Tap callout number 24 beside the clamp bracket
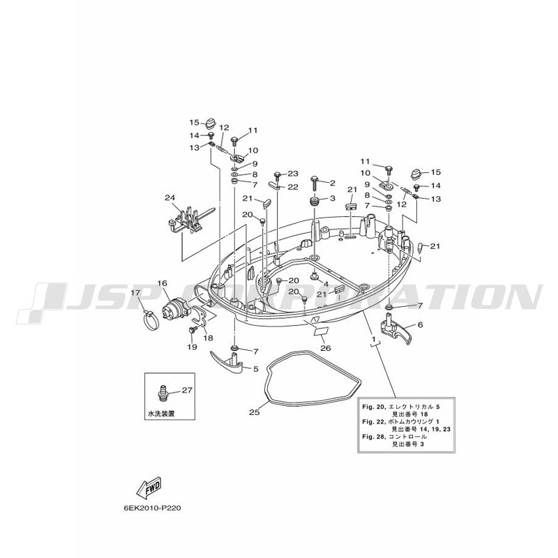point(169,198)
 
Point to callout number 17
point(135,293)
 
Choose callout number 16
point(162,283)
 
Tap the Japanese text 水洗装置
point(161,414)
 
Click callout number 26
point(325,347)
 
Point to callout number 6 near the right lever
point(420,324)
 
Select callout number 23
point(292,174)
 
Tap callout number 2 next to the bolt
point(332,183)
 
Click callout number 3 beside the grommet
point(332,198)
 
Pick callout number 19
point(191,347)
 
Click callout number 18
point(209,338)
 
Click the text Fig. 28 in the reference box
point(372,436)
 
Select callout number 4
point(325,284)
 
